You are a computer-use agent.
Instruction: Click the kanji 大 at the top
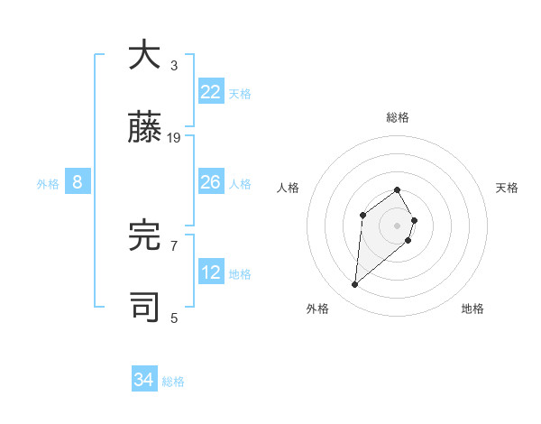coord(145,56)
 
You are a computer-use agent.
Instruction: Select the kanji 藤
coord(145,128)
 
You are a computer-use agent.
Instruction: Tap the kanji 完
coord(145,235)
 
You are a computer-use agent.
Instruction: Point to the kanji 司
coord(145,307)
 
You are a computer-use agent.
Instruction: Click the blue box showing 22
coord(211,92)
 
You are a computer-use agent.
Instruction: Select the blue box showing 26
coord(211,182)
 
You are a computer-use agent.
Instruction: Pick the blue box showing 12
coord(211,272)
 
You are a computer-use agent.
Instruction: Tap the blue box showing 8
coord(78,182)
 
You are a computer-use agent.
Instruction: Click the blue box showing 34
coord(144,380)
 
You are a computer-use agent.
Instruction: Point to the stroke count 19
coord(174,138)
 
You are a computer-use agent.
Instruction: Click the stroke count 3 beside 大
coord(174,66)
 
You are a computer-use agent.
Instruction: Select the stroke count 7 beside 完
coord(174,245)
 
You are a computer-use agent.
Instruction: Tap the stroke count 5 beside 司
coord(174,318)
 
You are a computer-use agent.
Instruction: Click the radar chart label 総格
coord(398,117)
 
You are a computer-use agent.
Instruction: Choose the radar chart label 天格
coord(507,188)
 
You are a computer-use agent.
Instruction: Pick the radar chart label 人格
coord(289,188)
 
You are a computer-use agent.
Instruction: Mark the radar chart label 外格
coord(317,309)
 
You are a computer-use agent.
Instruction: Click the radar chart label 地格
coord(472,309)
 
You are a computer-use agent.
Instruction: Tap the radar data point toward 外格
coord(355,285)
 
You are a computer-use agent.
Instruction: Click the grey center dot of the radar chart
coord(398,225)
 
